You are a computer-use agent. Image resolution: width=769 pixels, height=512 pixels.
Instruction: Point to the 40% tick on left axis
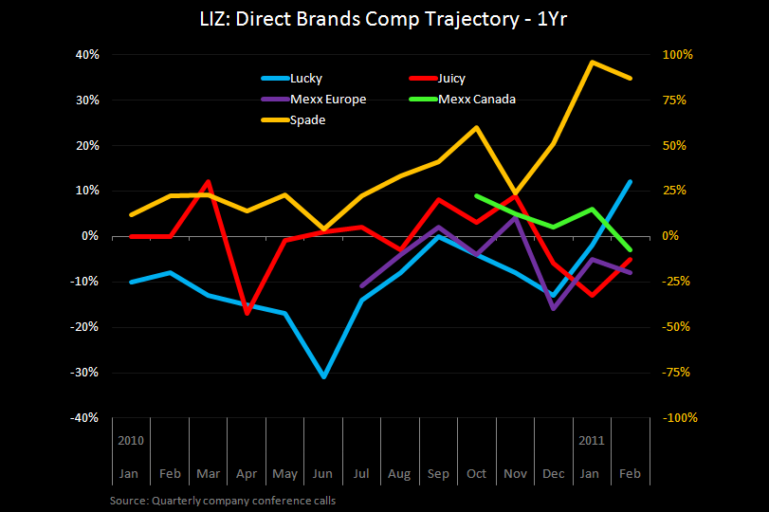tap(87, 54)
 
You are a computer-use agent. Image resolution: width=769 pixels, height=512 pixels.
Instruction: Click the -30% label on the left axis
tap(85, 373)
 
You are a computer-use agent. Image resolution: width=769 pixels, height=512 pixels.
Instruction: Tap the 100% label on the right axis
tap(679, 54)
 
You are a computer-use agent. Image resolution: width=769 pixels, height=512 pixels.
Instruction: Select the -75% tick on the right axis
tap(679, 373)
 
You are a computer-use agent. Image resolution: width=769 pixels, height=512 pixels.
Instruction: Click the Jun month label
tap(324, 473)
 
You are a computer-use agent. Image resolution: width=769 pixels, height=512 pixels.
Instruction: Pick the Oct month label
tap(476, 473)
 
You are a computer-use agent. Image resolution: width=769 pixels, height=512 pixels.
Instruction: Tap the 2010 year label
tap(131, 441)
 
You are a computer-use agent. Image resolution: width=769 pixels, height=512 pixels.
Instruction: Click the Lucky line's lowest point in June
tap(324, 376)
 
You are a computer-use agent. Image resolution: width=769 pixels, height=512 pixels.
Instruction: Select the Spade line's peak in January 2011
tap(592, 63)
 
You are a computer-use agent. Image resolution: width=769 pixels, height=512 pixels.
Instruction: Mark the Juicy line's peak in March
tap(208, 181)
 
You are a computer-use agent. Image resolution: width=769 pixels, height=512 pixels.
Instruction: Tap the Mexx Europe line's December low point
tap(553, 308)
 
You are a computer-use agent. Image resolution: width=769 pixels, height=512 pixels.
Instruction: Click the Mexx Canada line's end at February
tap(630, 249)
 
